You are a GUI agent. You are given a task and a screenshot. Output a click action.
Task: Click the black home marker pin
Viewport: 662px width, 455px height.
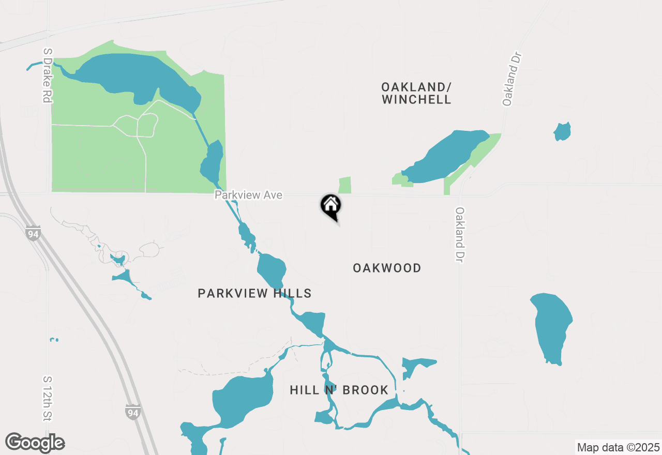[331, 206]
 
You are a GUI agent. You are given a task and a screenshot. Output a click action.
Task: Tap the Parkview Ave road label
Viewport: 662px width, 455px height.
[249, 195]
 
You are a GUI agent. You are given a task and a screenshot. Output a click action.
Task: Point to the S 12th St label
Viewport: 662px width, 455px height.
[48, 398]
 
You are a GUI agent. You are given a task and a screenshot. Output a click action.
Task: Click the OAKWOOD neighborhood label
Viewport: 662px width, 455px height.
[387, 268]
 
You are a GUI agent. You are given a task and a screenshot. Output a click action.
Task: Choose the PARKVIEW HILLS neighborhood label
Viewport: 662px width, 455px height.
[254, 294]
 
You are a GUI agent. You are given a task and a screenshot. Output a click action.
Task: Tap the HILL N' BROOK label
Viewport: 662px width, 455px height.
[339, 390]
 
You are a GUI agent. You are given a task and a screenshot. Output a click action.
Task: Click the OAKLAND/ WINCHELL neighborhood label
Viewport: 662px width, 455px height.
[416, 93]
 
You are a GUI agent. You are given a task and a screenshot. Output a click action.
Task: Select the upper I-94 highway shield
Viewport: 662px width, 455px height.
[32, 234]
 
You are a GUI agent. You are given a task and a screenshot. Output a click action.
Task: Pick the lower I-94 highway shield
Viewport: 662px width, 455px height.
[133, 412]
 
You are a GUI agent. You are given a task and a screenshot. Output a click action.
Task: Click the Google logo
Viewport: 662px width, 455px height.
[35, 443]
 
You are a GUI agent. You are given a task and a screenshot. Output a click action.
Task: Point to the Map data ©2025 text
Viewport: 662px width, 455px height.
[618, 447]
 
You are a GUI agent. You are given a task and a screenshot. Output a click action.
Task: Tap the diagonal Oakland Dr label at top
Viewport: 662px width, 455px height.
[511, 79]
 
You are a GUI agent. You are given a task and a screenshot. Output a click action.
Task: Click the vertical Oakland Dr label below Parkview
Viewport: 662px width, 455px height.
[459, 234]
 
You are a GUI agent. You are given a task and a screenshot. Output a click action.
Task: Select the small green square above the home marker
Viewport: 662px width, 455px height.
[345, 185]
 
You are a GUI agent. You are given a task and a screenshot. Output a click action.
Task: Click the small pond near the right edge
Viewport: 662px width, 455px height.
[562, 131]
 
